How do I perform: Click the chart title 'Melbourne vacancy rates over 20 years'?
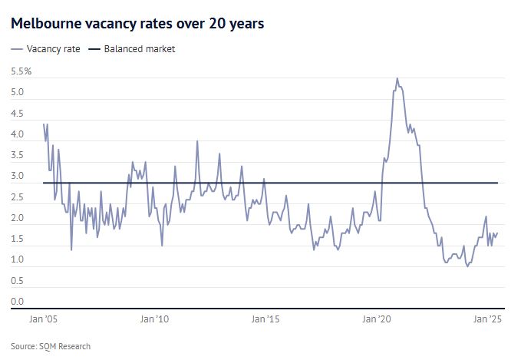coord(137,24)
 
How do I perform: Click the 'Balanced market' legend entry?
coord(140,49)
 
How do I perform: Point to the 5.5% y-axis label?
coord(21,71)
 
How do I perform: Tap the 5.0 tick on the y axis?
coord(18,93)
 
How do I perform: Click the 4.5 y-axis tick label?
coord(18,114)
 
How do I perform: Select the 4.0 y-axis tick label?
coord(18,134)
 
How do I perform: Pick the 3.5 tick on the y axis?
coord(18,156)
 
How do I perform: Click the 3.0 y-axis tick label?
coord(18,177)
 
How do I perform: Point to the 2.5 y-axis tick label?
coord(18,197)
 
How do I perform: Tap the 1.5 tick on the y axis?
coord(18,239)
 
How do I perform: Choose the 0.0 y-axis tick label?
coord(18,302)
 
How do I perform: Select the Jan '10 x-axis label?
coord(156,319)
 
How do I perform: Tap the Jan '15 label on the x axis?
coord(269,319)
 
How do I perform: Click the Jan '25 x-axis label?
coord(486,319)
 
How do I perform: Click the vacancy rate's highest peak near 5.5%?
coord(397,78)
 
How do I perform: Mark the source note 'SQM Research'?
coord(51,346)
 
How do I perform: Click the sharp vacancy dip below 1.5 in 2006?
coord(71,249)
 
